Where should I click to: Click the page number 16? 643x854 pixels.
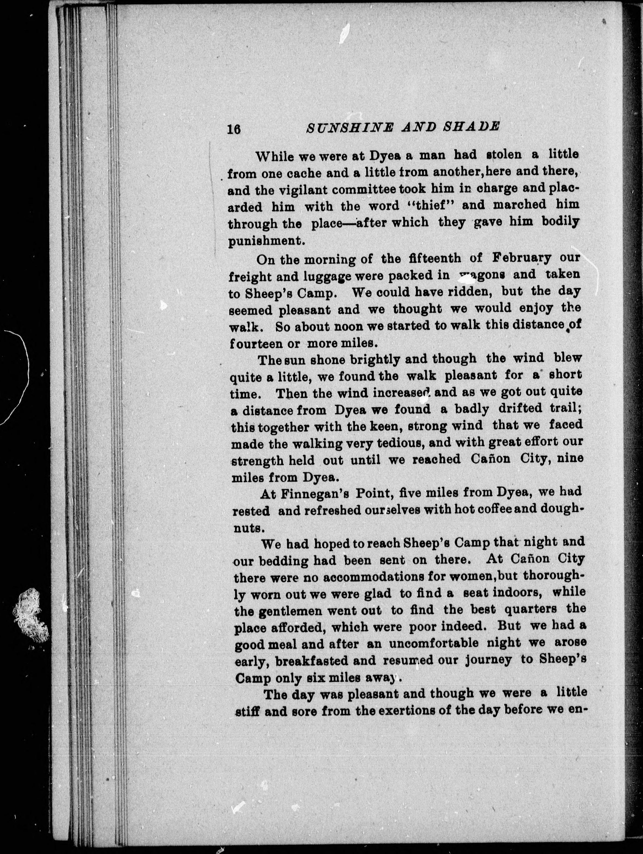point(234,129)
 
